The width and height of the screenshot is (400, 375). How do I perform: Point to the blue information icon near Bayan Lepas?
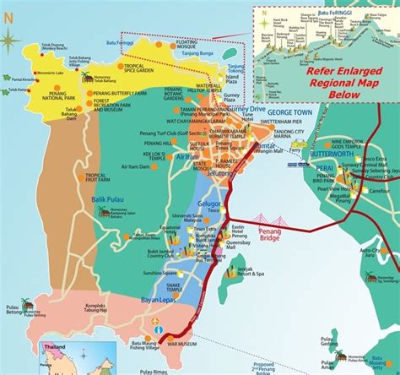tap(154, 325)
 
